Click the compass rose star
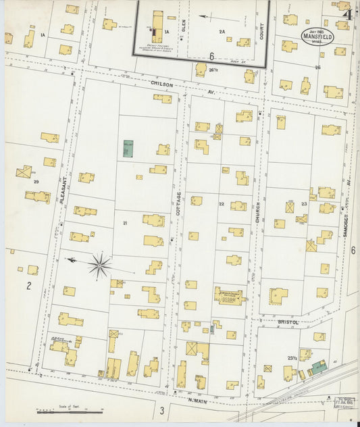point(99,265)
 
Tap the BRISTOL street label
point(288,322)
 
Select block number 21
point(125,222)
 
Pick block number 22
point(221,203)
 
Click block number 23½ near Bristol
point(292,357)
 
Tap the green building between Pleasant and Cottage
point(128,149)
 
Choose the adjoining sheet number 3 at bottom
point(162,410)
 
